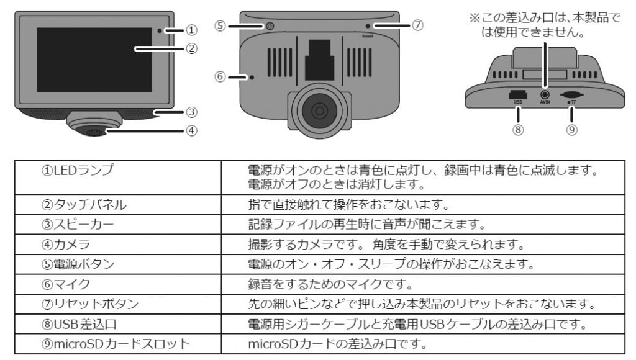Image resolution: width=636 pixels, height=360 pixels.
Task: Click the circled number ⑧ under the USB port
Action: click(x=518, y=130)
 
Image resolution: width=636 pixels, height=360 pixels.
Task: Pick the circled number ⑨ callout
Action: click(x=572, y=130)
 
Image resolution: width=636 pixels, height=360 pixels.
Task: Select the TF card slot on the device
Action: click(x=571, y=96)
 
